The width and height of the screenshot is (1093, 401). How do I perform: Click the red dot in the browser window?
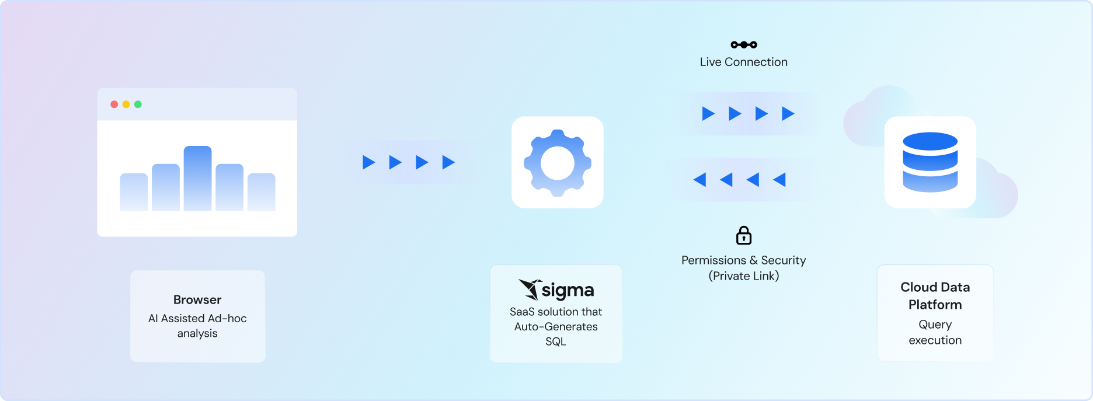pyautogui.click(x=114, y=104)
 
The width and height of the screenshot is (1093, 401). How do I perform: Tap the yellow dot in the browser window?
pyautogui.click(x=126, y=104)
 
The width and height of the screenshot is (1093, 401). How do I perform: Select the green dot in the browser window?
pyautogui.click(x=138, y=104)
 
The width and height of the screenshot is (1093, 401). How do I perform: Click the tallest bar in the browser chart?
pyautogui.click(x=197, y=178)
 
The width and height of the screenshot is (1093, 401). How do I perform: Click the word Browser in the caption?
pyautogui.click(x=197, y=300)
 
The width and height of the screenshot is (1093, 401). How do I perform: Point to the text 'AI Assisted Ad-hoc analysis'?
pyautogui.click(x=197, y=326)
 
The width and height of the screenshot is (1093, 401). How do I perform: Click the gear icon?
pyautogui.click(x=557, y=162)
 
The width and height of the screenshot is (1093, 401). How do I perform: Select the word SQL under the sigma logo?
pyautogui.click(x=556, y=341)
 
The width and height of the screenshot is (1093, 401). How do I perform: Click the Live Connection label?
pyautogui.click(x=743, y=62)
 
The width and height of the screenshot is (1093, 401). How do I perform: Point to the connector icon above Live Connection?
pyautogui.click(x=743, y=44)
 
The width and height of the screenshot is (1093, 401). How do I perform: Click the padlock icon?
pyautogui.click(x=743, y=235)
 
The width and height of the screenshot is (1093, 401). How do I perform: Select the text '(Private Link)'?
pyautogui.click(x=743, y=276)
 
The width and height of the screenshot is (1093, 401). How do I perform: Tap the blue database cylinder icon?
pyautogui.click(x=930, y=162)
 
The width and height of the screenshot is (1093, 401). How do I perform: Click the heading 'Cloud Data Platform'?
pyautogui.click(x=935, y=295)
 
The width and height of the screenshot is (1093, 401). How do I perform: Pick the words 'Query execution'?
pyautogui.click(x=935, y=332)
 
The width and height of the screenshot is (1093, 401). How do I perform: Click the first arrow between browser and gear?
pyautogui.click(x=368, y=162)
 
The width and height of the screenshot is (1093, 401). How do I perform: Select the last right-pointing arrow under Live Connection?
pyautogui.click(x=788, y=113)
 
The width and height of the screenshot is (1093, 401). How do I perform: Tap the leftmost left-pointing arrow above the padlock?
pyautogui.click(x=699, y=180)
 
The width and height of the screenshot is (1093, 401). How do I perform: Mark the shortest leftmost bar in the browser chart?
pyautogui.click(x=134, y=192)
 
